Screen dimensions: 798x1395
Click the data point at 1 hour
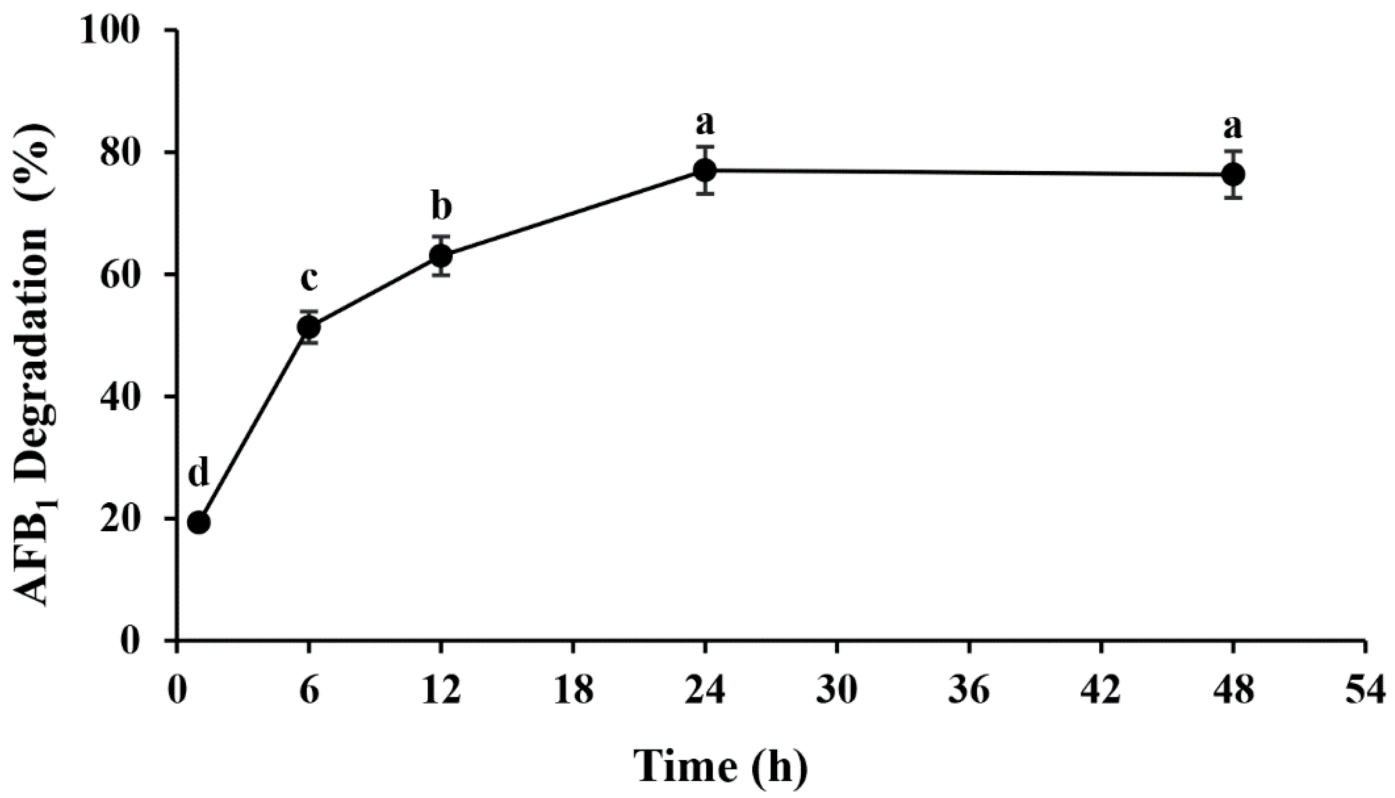point(198,523)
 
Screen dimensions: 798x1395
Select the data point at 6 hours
point(309,327)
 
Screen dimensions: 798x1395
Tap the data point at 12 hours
point(441,255)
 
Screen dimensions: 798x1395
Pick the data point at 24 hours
point(704,170)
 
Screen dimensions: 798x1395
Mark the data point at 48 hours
point(1233,174)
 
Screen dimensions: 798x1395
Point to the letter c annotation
point(309,278)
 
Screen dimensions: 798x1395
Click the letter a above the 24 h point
point(704,123)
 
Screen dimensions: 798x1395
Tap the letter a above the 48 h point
point(1233,127)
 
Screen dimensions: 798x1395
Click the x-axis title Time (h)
point(720,766)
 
